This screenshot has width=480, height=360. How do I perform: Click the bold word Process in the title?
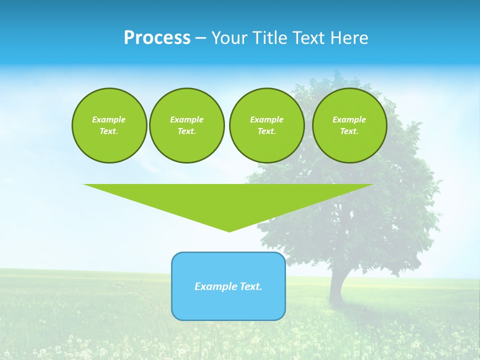[157, 38]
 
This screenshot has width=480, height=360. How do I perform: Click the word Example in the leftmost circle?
[109, 119]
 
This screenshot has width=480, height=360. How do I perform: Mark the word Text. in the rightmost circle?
[349, 131]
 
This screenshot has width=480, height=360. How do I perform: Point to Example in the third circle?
[267, 119]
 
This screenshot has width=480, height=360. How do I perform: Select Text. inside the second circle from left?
[187, 131]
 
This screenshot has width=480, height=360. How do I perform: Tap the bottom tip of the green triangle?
[229, 230]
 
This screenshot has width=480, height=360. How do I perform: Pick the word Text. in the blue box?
[251, 286]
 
